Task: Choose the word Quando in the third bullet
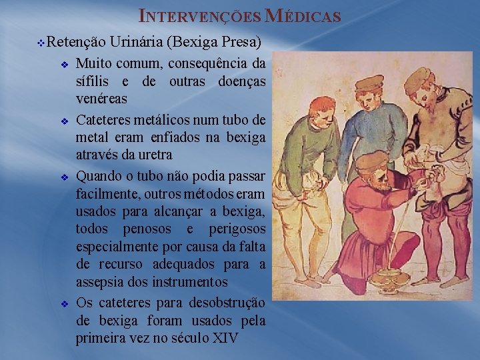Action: pyautogui.click(x=99, y=177)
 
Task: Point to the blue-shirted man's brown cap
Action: pyautogui.click(x=369, y=83)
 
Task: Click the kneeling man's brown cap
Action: pyautogui.click(x=371, y=160)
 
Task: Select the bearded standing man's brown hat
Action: pyautogui.click(x=418, y=79)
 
